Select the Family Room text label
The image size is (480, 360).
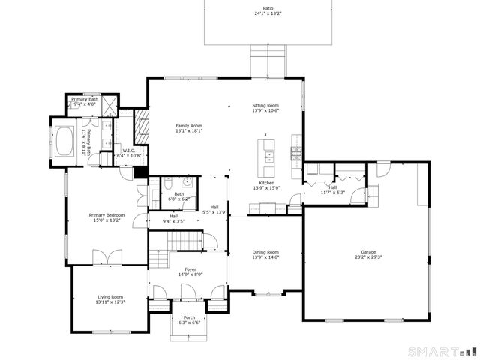(x=189, y=126)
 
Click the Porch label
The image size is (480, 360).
(x=189, y=317)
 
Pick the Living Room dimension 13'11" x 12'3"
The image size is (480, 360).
(x=109, y=301)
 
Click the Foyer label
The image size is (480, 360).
(x=189, y=269)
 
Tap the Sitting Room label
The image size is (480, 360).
(x=265, y=106)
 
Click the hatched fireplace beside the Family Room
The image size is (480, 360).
(x=139, y=130)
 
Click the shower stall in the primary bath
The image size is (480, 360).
(x=108, y=105)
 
